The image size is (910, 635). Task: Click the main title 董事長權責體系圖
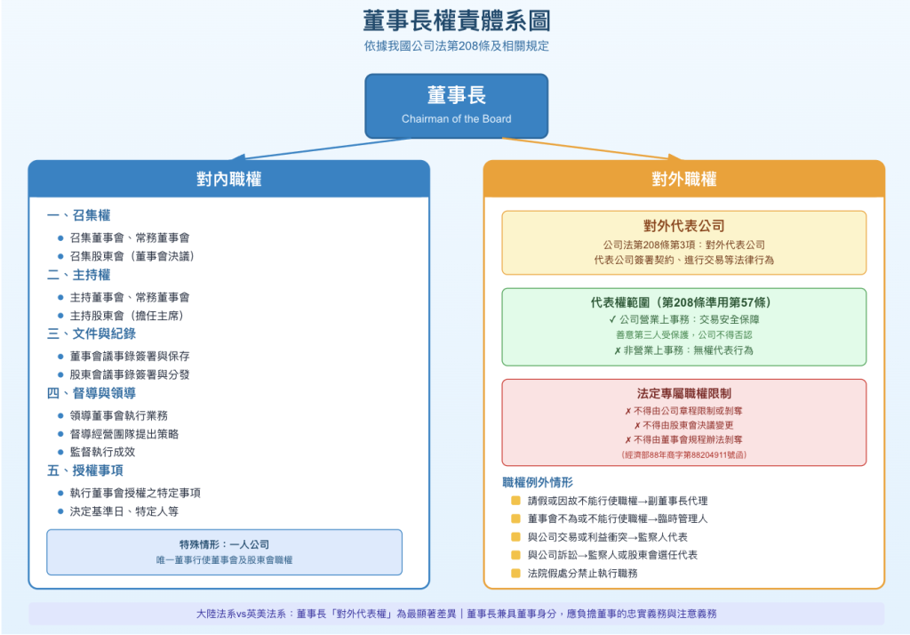(x=455, y=20)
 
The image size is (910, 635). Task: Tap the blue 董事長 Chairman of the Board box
(x=456, y=105)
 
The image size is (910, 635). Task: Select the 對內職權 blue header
(x=228, y=179)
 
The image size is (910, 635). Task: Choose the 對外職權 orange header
(x=683, y=179)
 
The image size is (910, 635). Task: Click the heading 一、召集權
(x=79, y=215)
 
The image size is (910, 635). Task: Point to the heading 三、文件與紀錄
(x=92, y=334)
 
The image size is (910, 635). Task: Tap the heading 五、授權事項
(x=85, y=470)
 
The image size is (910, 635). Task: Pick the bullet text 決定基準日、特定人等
(x=124, y=512)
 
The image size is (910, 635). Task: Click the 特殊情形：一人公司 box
(x=224, y=551)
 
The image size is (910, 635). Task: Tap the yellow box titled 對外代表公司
(x=683, y=242)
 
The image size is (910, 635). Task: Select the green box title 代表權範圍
(x=683, y=302)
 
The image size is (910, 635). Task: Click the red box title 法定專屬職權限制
(x=683, y=393)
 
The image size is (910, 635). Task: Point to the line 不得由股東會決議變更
(x=683, y=425)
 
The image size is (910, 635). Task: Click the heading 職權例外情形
(x=538, y=482)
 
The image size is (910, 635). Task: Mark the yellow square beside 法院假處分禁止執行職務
(x=515, y=573)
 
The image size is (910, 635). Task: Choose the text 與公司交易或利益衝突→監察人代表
(x=607, y=537)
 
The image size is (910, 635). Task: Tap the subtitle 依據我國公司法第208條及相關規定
(x=455, y=46)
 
